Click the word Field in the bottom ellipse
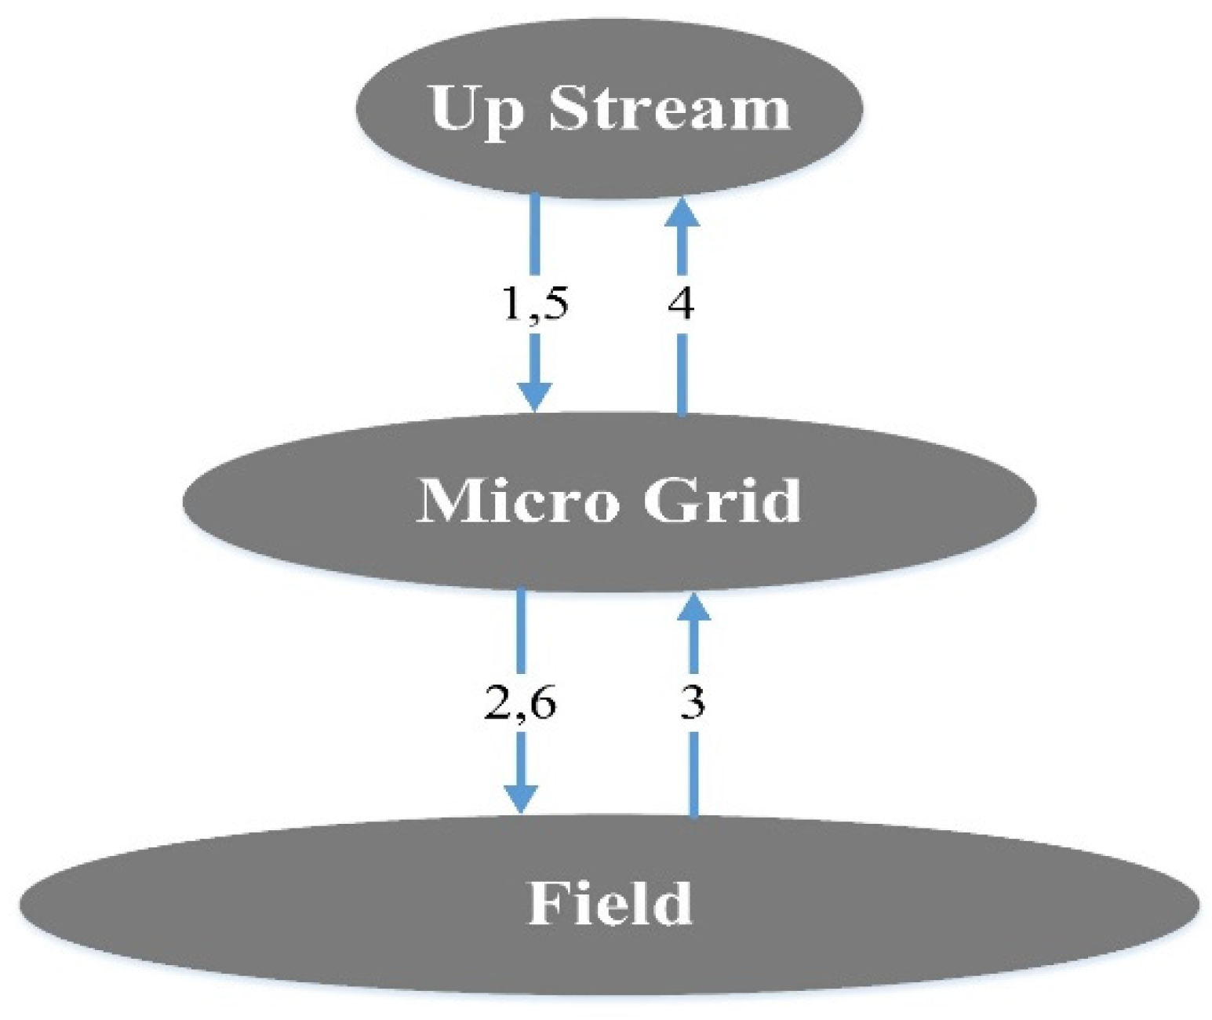click(610, 904)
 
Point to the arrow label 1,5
click(535, 303)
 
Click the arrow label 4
click(681, 303)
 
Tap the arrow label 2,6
click(520, 701)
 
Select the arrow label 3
click(693, 701)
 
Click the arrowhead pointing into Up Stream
click(682, 213)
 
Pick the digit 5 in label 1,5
click(555, 303)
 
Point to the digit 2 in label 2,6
click(499, 701)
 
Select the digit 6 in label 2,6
click(542, 701)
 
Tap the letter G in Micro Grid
click(671, 500)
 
